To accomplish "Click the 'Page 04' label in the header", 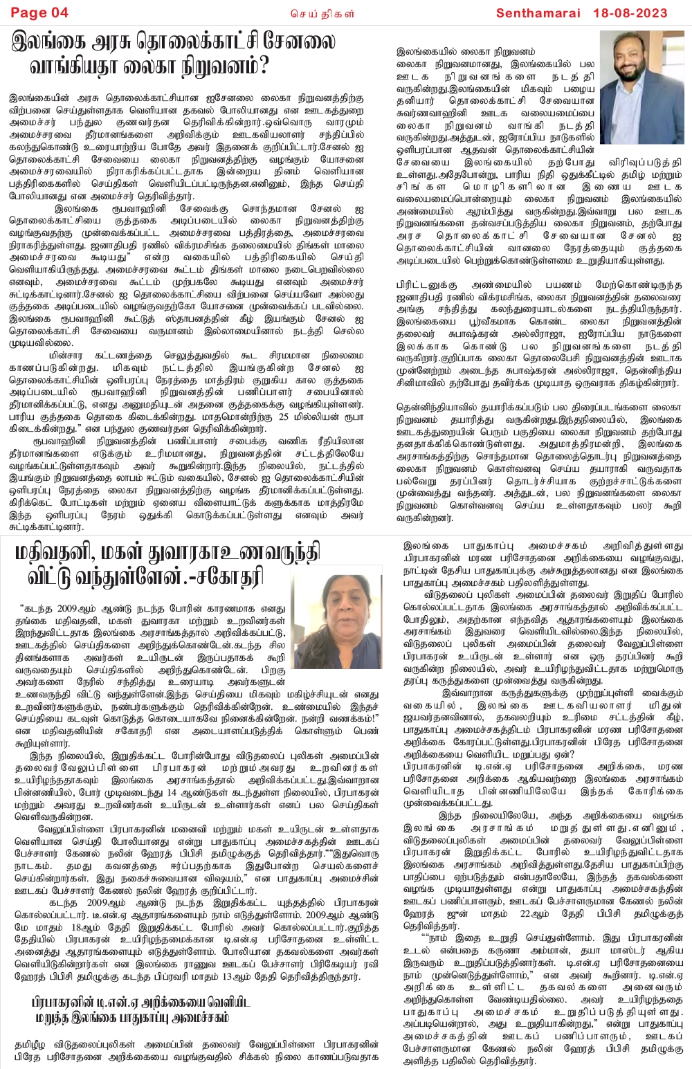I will (40, 12).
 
